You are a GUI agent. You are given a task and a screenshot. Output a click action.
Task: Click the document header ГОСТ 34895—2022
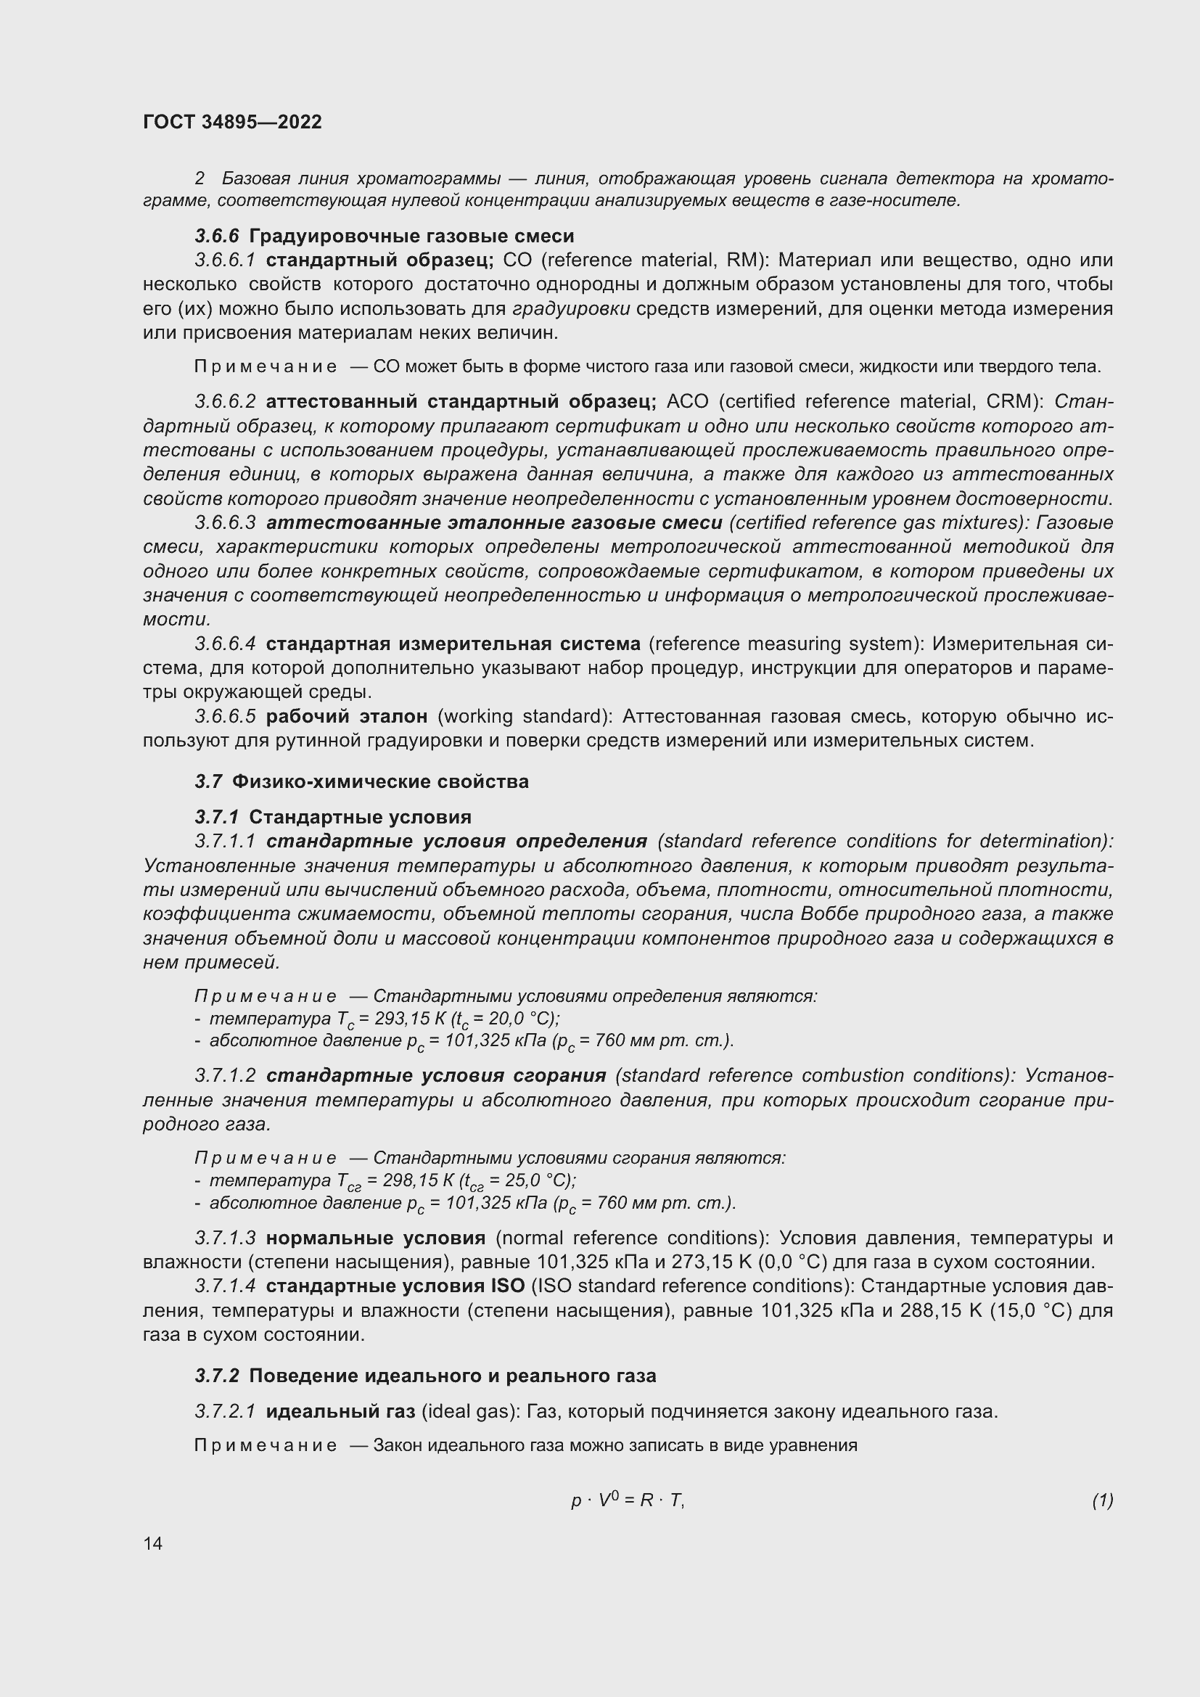(x=233, y=122)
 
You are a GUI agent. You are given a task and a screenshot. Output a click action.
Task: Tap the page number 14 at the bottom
(x=153, y=1543)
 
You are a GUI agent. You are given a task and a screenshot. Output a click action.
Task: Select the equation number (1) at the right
(x=1102, y=1500)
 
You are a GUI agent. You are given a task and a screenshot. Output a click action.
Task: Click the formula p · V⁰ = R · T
(x=628, y=1500)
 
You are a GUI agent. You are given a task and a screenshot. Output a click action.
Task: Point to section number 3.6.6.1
(x=226, y=260)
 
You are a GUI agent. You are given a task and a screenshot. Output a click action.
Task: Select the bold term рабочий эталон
(x=347, y=716)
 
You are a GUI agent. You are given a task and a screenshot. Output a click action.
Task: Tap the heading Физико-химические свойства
(x=379, y=781)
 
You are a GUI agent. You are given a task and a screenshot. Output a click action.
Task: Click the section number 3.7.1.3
(x=226, y=1238)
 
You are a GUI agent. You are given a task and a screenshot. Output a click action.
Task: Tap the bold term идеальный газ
(x=340, y=1412)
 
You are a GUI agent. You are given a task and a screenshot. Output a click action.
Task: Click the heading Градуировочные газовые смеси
(x=411, y=237)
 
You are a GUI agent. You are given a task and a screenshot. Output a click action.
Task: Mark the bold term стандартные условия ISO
(x=395, y=1287)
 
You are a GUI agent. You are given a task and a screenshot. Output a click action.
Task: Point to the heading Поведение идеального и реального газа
(x=452, y=1376)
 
